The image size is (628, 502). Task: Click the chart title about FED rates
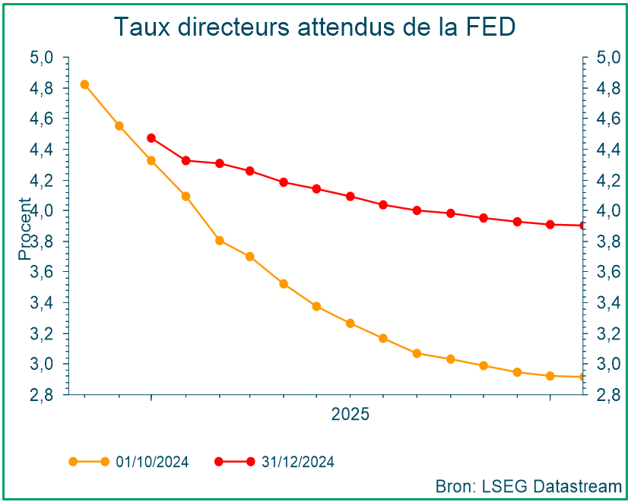coord(314,27)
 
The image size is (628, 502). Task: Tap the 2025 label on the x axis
coord(350,415)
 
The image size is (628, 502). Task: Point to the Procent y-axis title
coord(25,228)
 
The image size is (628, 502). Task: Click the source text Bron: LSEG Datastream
coord(528,485)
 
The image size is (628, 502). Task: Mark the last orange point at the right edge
coord(582,377)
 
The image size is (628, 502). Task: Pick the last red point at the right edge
coord(582,226)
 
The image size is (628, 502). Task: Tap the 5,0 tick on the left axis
coord(41,57)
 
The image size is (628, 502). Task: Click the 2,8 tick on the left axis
coord(41,395)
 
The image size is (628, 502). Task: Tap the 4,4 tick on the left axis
coord(41,150)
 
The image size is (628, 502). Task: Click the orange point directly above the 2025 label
coord(350,324)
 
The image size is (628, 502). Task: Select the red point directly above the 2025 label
coord(350,196)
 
